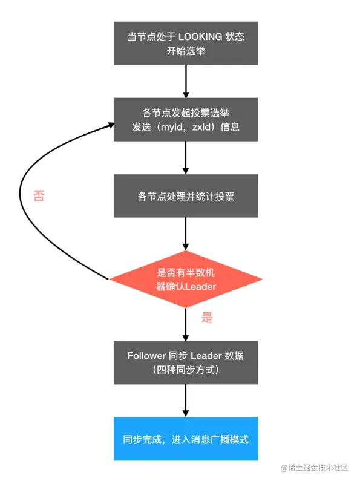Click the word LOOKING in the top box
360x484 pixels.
point(200,37)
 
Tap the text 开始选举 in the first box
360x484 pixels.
point(186,51)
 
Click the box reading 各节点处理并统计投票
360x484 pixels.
point(186,196)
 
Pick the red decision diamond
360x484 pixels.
point(186,280)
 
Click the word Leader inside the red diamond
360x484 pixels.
point(200,286)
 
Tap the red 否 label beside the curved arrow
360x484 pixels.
point(39,195)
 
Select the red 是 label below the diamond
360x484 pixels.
point(207,317)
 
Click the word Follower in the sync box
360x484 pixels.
point(146,356)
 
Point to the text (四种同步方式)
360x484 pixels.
point(186,370)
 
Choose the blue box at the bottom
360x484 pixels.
point(186,439)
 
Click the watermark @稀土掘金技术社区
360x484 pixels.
point(314,468)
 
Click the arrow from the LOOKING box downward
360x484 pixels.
point(186,82)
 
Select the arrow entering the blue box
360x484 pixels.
point(186,401)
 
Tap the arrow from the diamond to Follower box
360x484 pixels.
point(186,324)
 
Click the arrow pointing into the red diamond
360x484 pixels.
point(186,234)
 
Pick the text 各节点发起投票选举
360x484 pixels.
point(186,113)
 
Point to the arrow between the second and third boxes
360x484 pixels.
point(186,158)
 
